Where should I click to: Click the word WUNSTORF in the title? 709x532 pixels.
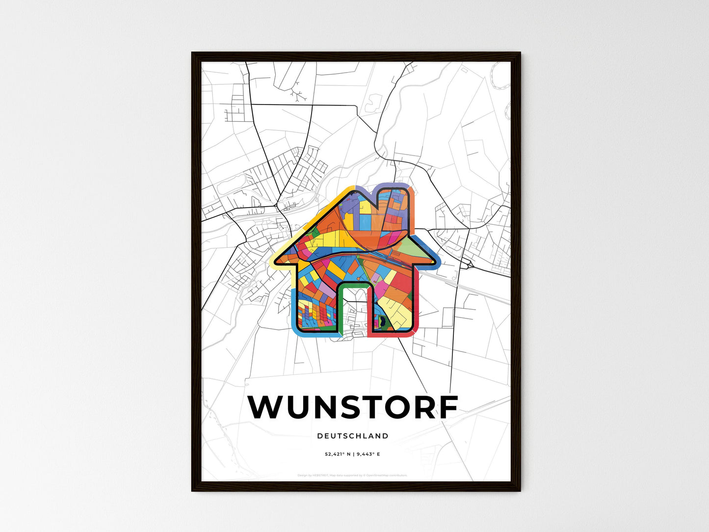point(353,407)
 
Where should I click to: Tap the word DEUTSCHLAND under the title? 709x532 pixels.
point(353,436)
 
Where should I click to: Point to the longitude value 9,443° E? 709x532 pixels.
point(368,454)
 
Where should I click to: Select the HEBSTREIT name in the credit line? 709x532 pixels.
point(320,476)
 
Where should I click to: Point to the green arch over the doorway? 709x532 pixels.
point(353,285)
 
